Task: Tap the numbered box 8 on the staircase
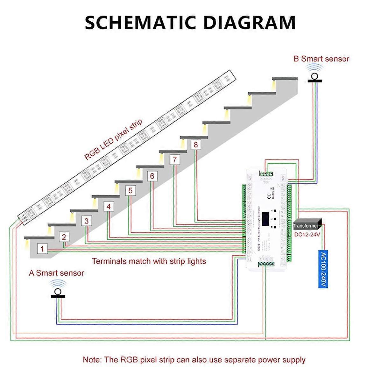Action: click(195, 145)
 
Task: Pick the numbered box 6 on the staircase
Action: click(152, 176)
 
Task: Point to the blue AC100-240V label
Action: click(323, 269)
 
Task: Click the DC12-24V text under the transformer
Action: click(307, 234)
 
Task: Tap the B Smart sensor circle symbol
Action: click(315, 76)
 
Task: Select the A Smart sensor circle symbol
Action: click(58, 292)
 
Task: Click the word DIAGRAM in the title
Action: click(249, 23)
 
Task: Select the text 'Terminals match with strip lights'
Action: click(149, 261)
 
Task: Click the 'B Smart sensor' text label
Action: click(321, 59)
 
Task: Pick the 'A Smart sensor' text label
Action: click(56, 273)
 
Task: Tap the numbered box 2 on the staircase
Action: click(64, 237)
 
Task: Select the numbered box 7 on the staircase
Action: click(174, 159)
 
